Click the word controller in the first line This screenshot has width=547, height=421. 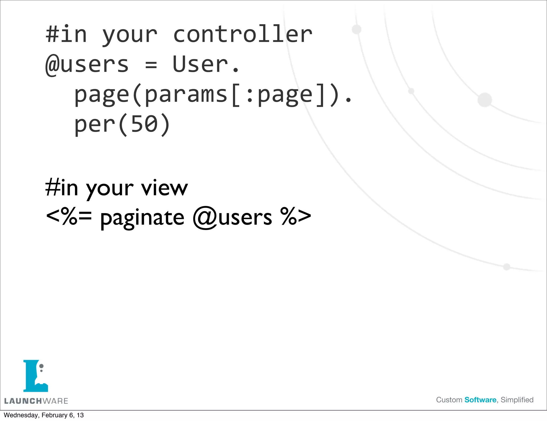[x=243, y=34]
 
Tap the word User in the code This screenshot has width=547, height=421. [x=201, y=64]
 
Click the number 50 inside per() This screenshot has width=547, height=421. [x=144, y=124]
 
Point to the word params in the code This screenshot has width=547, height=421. [x=186, y=95]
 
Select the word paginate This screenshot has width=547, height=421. [x=142, y=218]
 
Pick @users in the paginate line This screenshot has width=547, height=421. [x=232, y=217]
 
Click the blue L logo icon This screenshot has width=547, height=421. [x=35, y=376]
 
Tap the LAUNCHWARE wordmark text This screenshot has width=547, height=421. [x=36, y=401]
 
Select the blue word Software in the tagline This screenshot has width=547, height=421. [x=480, y=400]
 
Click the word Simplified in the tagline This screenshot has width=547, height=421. [x=517, y=400]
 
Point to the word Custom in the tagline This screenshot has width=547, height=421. [x=449, y=400]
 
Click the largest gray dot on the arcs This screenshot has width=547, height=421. [x=485, y=100]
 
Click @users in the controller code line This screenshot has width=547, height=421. [x=87, y=65]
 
